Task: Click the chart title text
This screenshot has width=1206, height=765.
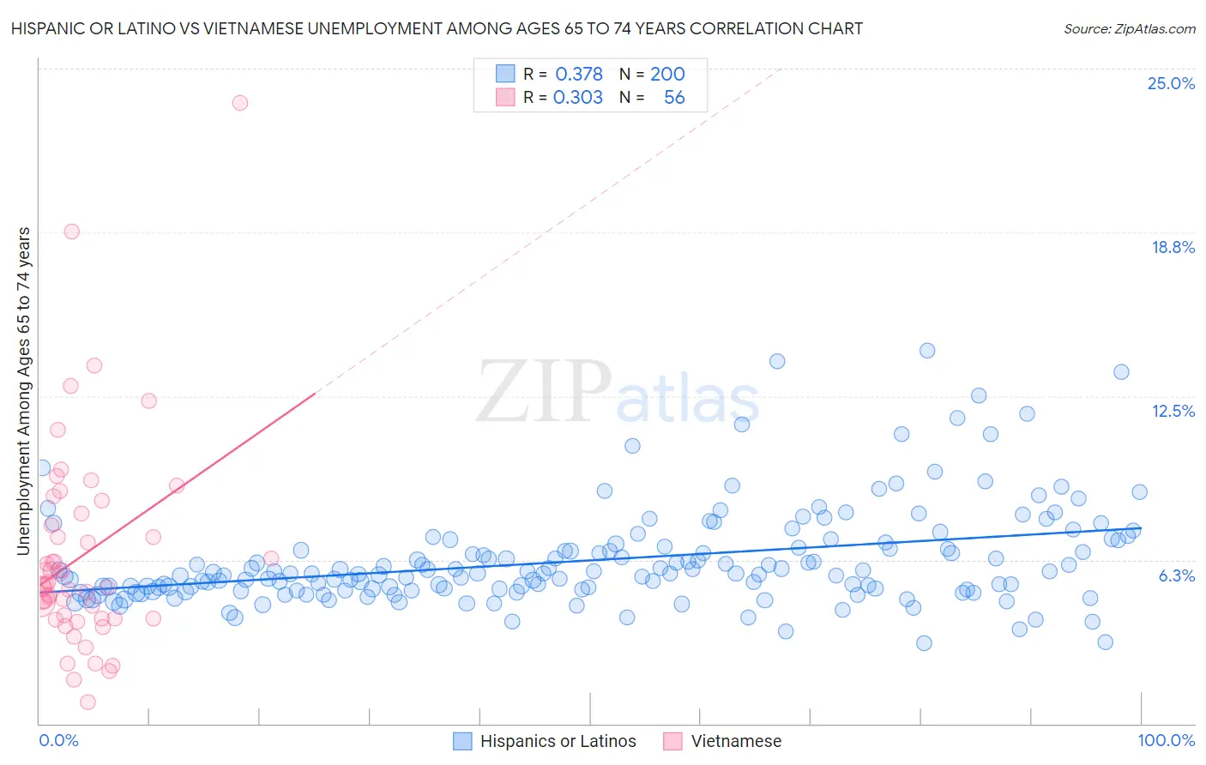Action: pos(437,28)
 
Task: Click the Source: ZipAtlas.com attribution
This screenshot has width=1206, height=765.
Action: pos(1129,28)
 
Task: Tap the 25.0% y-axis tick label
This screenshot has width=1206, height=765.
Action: pos(1170,83)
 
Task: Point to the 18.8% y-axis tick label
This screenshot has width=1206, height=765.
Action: pos(1172,247)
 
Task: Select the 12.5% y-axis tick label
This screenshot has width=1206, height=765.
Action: pos(1172,411)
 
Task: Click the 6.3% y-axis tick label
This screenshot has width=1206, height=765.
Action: pos(1176,575)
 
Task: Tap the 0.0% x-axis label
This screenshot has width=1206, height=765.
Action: pos(58,740)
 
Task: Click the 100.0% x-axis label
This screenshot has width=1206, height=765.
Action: pos(1166,740)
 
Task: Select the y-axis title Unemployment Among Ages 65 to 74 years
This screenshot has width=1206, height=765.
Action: pos(24,390)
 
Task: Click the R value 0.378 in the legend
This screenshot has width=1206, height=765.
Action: pos(579,74)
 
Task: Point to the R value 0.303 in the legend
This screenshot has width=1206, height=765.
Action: pos(578,97)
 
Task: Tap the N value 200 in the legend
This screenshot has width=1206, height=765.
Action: pos(667,74)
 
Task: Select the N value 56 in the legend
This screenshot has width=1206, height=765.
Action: pos(674,97)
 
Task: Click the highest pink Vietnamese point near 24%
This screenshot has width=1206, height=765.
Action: pos(240,103)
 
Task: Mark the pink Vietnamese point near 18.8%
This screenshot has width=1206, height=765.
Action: pos(72,232)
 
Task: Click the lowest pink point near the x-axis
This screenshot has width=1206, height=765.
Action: pos(87,702)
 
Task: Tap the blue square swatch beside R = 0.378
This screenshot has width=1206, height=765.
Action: pos(505,74)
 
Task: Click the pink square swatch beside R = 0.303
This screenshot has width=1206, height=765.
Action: pos(505,97)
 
